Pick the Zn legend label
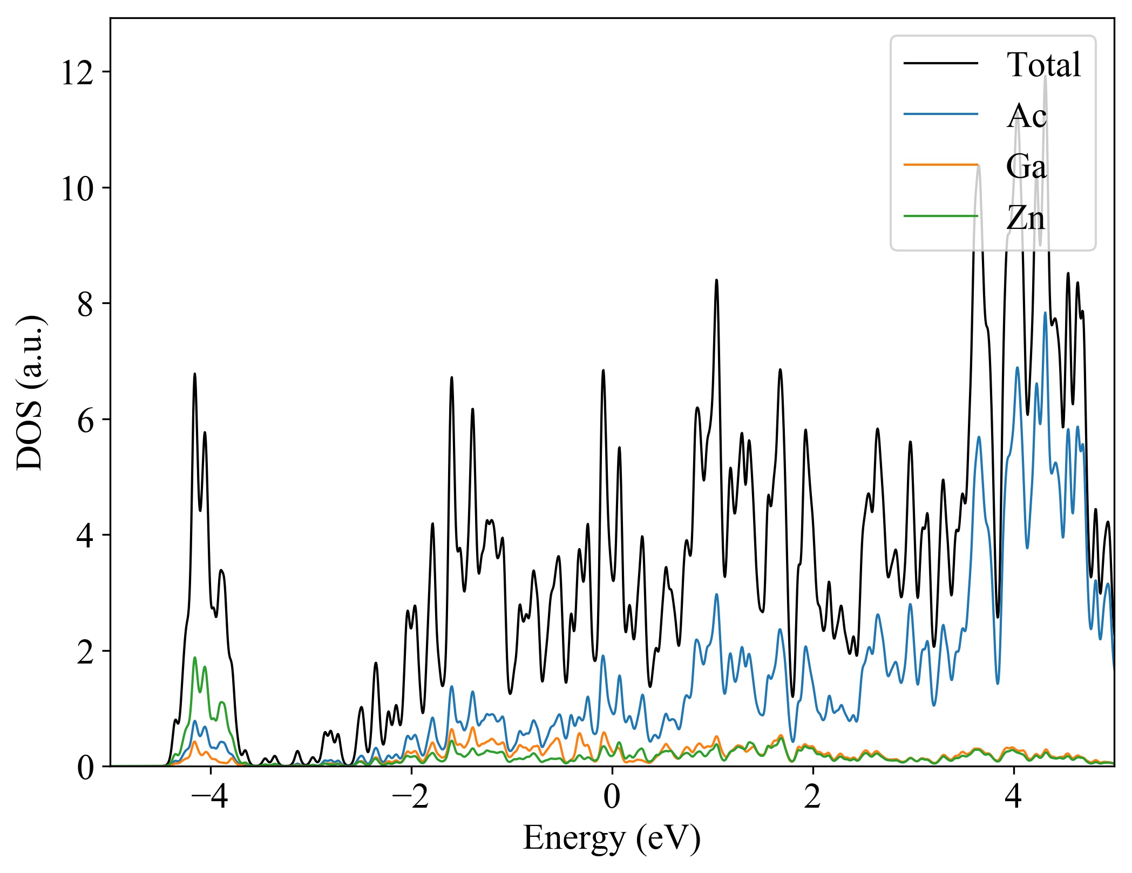pos(1025,218)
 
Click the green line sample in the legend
pos(940,216)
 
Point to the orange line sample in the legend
pos(940,164)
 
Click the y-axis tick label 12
pos(77,72)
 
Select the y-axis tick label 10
pos(77,188)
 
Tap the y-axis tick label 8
pos(85,304)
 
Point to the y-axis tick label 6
pos(85,420)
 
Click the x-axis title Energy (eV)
pos(612,838)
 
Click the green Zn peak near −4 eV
pos(195,658)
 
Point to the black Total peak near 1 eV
pos(716,280)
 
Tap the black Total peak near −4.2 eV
pos(195,374)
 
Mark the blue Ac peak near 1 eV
pos(716,594)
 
